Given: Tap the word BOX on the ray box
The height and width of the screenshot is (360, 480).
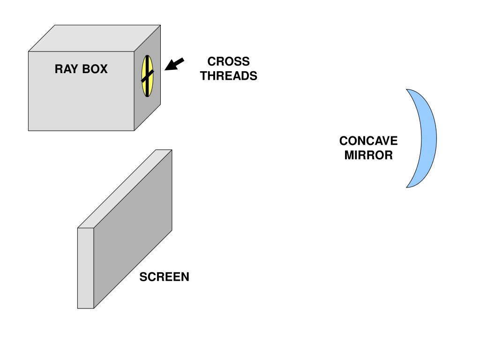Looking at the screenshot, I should click(95, 69).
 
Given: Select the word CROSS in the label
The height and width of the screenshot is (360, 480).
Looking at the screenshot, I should click(228, 61).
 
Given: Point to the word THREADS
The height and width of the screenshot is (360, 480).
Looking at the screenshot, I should click(228, 76).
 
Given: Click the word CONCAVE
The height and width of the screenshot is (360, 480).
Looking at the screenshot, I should click(368, 141).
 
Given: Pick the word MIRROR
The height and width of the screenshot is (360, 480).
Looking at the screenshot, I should click(368, 156).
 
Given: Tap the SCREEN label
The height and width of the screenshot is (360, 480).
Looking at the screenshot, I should click(164, 277).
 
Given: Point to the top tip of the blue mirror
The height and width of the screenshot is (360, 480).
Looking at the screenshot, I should click(407, 90).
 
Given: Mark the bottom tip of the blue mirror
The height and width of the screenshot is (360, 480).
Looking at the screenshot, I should click(407, 187).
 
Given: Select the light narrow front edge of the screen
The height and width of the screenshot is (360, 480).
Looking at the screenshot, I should click(85, 267).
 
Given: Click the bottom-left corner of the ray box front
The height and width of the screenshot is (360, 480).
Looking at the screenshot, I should click(29, 130).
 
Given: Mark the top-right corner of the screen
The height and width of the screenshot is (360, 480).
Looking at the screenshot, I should click(172, 150).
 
